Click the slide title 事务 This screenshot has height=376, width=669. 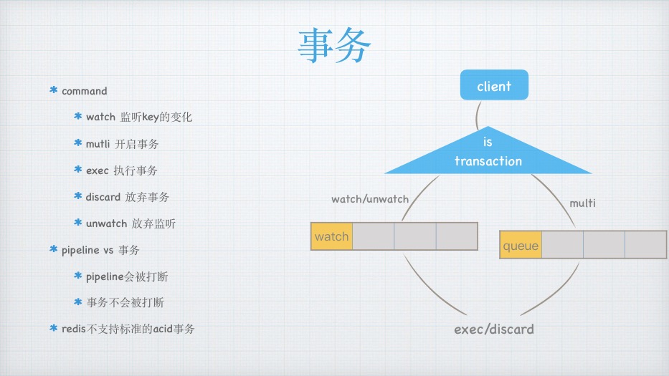[335, 47]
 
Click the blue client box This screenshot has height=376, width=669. [494, 86]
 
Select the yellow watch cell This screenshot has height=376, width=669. [331, 236]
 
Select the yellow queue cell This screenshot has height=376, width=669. [521, 246]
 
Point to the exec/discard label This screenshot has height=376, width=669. [494, 329]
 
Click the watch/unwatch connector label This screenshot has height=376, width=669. [369, 198]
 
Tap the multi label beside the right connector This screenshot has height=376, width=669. [582, 203]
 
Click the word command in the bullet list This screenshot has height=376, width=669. [85, 91]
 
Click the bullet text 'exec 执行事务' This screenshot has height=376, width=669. [121, 170]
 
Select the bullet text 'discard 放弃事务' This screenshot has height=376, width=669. [127, 197]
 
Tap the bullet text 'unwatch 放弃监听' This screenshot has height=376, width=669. [131, 223]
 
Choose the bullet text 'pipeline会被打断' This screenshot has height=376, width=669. [127, 276]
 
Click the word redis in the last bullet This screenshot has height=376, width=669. [74, 329]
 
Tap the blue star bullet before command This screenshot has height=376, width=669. [54, 91]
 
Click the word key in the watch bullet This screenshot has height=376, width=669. [150, 117]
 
